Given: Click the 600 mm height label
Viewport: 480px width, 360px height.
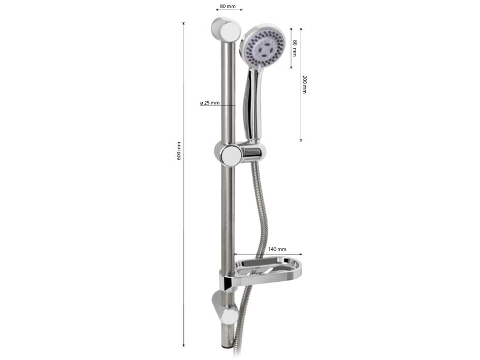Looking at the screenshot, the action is coord(179,151).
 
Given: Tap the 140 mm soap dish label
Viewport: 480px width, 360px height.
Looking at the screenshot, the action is coord(277,249).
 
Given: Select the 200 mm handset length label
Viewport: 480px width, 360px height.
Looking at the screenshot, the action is coord(304,84).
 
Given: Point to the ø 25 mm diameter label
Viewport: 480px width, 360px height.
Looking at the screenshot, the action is coord(210,103).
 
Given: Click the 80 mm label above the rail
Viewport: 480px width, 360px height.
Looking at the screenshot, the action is coord(228,6).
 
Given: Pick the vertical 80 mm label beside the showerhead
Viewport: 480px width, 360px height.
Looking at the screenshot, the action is coord(295,48).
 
